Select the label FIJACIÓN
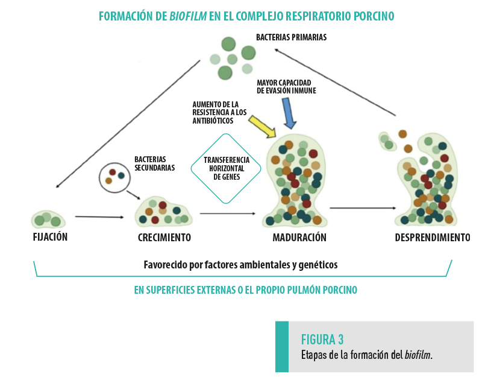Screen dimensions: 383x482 pyautogui.click(x=50, y=237)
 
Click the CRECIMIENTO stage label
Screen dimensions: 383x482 pyautogui.click(x=164, y=238)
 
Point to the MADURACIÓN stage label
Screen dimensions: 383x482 pyautogui.click(x=299, y=238)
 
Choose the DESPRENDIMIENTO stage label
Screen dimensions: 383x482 pyautogui.click(x=432, y=238)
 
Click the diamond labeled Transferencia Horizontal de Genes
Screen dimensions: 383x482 pyautogui.click(x=222, y=168)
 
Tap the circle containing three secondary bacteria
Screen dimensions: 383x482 pyautogui.click(x=114, y=176)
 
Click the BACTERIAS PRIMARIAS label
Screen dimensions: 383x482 pyautogui.click(x=291, y=37)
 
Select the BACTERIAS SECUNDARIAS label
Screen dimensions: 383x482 pyautogui.click(x=154, y=163)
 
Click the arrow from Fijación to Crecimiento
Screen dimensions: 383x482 pyautogui.click(x=99, y=217)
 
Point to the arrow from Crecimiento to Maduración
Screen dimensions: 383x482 pyautogui.click(x=229, y=213)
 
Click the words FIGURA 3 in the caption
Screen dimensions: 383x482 pyautogui.click(x=322, y=339)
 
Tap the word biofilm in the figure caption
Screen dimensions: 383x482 pyautogui.click(x=418, y=355)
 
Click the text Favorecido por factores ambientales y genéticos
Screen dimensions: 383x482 pyautogui.click(x=240, y=264)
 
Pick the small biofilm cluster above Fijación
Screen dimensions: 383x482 pyautogui.click(x=48, y=219)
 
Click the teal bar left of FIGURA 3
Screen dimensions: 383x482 pyautogui.click(x=282, y=346)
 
